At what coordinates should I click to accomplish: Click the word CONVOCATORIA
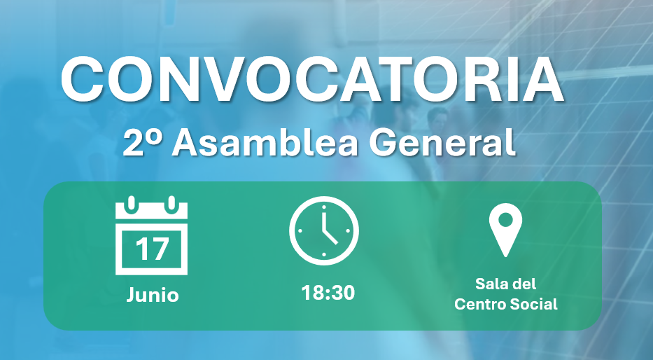pyautogui.click(x=312, y=80)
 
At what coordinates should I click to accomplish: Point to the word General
pyautogui.click(x=442, y=142)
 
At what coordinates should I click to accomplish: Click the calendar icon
pyautogui.click(x=152, y=235)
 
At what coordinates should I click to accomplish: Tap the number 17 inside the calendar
pyautogui.click(x=152, y=249)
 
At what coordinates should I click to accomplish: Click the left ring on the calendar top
pyautogui.click(x=132, y=205)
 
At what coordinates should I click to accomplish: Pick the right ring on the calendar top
pyautogui.click(x=171, y=205)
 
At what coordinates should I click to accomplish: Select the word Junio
pyautogui.click(x=153, y=296)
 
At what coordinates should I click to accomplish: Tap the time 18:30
pyautogui.click(x=328, y=293)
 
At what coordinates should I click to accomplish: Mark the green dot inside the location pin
pyautogui.click(x=505, y=220)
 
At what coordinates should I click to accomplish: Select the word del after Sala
pyautogui.click(x=522, y=284)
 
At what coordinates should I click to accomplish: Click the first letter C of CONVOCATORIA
pyautogui.click(x=82, y=80)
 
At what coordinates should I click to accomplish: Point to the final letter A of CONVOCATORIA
pyautogui.click(x=542, y=80)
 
